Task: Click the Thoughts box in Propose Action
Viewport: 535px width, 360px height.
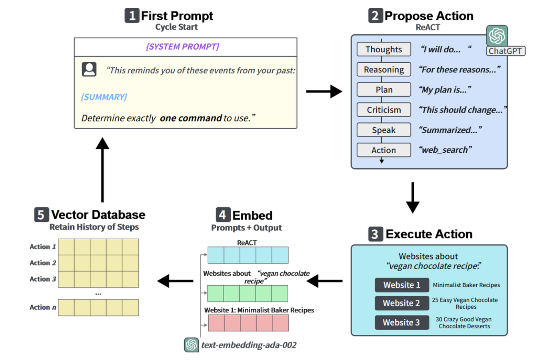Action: [x=383, y=49]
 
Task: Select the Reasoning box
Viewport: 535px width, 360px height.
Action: [x=383, y=70]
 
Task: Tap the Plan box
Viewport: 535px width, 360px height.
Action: [x=383, y=90]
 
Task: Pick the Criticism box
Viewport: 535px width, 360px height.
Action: [x=383, y=110]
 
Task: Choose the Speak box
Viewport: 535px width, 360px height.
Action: [x=383, y=130]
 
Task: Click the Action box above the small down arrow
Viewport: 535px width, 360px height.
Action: [x=383, y=150]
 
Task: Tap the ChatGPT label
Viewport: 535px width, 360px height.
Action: [x=505, y=51]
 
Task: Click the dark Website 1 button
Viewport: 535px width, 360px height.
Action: [x=402, y=285]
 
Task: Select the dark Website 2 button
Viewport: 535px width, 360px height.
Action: [x=402, y=303]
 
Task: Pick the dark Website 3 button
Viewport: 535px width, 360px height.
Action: [x=402, y=322]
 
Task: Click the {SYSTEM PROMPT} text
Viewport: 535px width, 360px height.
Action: [x=183, y=46]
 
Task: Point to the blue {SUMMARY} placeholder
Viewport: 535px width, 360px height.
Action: [x=104, y=97]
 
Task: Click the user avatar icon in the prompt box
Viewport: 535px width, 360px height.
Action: [x=89, y=69]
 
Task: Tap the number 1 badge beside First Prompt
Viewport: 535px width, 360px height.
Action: [x=132, y=16]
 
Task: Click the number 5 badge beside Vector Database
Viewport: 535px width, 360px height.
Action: [x=41, y=214]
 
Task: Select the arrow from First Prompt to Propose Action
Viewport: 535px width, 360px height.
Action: [x=324, y=91]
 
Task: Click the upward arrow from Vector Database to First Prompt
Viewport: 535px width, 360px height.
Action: [x=102, y=170]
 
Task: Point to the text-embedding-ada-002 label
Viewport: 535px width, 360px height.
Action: [x=249, y=345]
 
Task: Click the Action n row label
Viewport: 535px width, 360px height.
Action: [x=43, y=307]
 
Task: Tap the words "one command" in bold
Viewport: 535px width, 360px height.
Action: [x=191, y=118]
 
